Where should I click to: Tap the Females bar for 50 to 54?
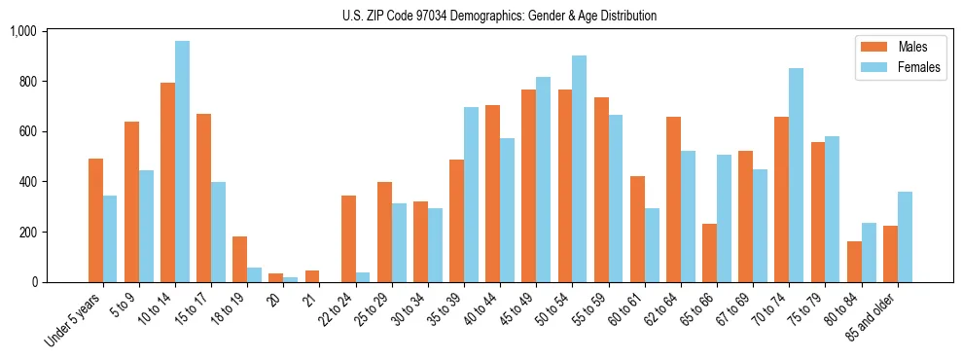coord(579,169)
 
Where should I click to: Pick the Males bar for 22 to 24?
coord(348,239)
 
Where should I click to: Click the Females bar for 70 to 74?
coord(796,175)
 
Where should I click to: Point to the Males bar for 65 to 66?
coord(709,253)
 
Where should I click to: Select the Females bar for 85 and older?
coord(905,237)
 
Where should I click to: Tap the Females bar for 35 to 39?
coord(471,195)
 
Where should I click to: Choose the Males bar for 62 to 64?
coord(673,199)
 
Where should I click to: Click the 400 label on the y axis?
coord(26,182)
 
